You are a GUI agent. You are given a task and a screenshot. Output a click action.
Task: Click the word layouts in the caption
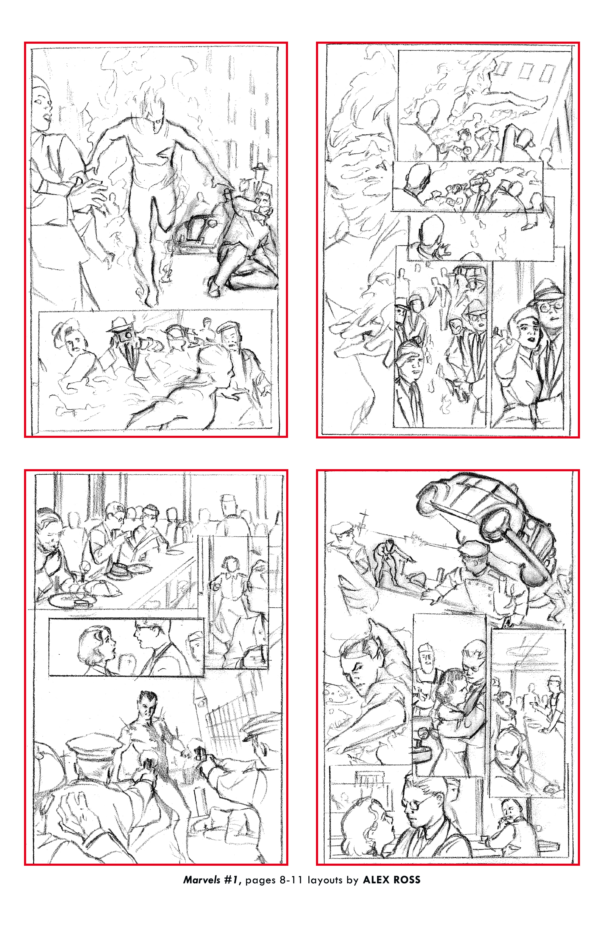pos(325,880)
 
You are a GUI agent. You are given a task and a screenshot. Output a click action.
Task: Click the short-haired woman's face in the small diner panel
pos(106,643)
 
